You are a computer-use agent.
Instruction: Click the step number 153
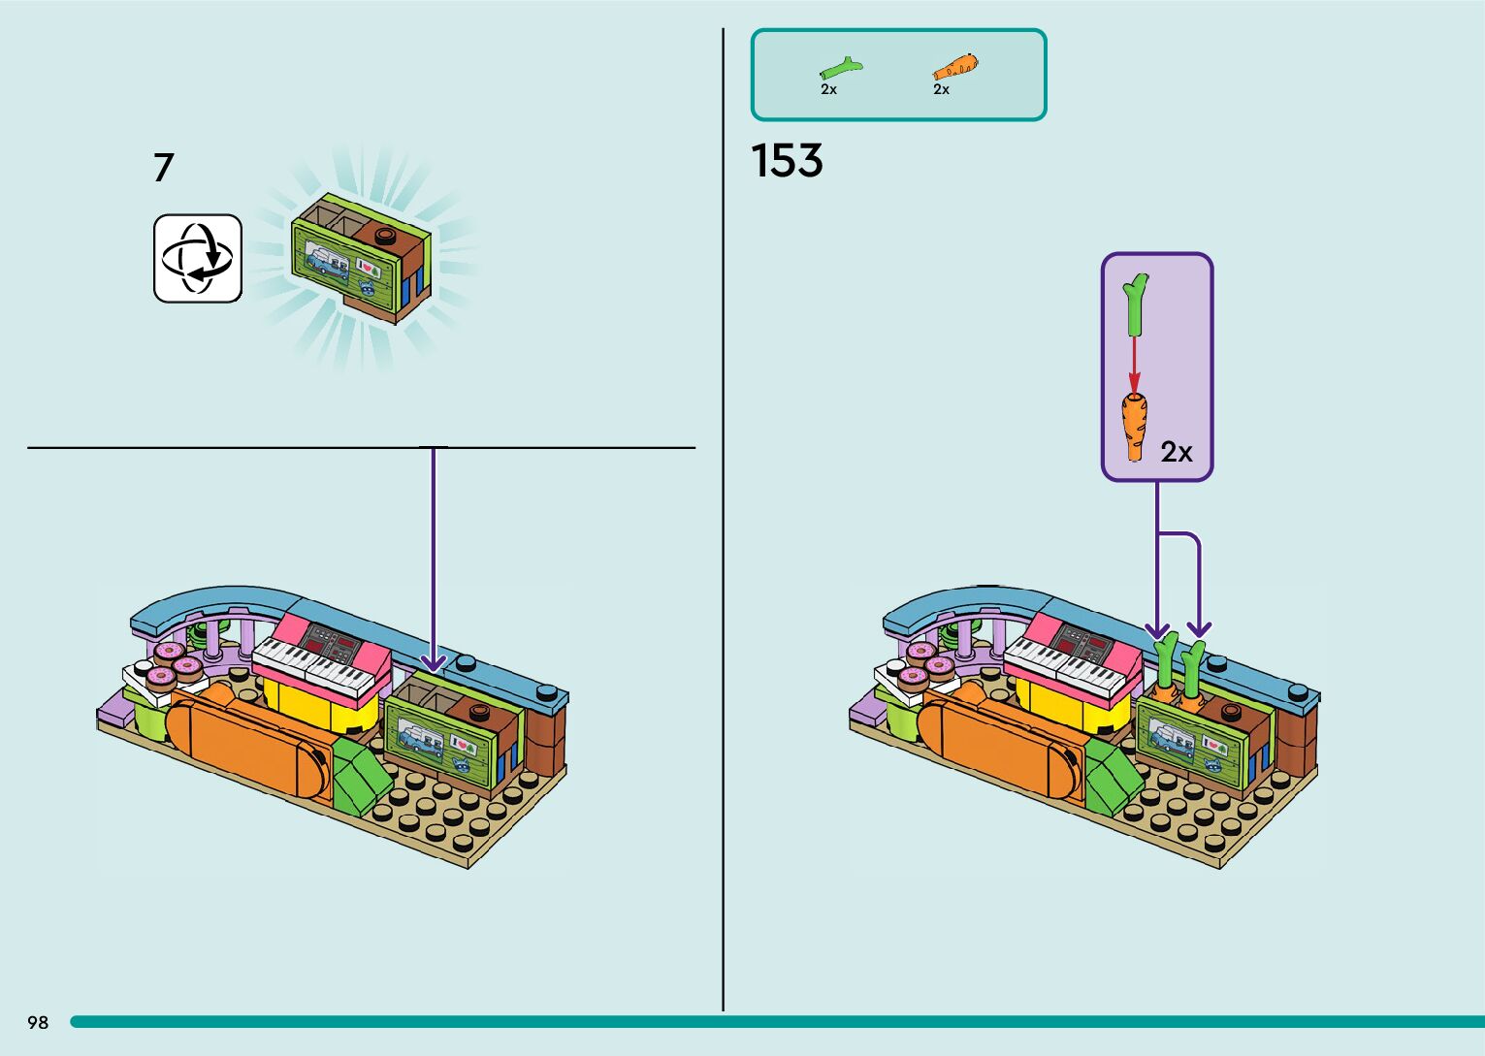(787, 161)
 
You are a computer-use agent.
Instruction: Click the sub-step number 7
(163, 168)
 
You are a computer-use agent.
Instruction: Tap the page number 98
(38, 1022)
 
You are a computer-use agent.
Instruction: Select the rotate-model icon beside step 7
(198, 258)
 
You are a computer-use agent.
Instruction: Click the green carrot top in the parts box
(840, 69)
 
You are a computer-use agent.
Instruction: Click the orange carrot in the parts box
(954, 68)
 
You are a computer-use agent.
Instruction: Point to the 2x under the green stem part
(828, 89)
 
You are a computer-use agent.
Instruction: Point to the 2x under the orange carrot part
(941, 89)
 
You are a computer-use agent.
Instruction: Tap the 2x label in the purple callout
(1177, 452)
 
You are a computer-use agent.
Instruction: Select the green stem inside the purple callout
(1136, 304)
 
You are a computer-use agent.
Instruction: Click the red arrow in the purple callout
(1134, 368)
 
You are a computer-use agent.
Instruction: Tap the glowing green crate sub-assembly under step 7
(360, 258)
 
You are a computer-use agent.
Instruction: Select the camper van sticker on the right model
(1172, 734)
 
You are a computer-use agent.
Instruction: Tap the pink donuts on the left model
(175, 661)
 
